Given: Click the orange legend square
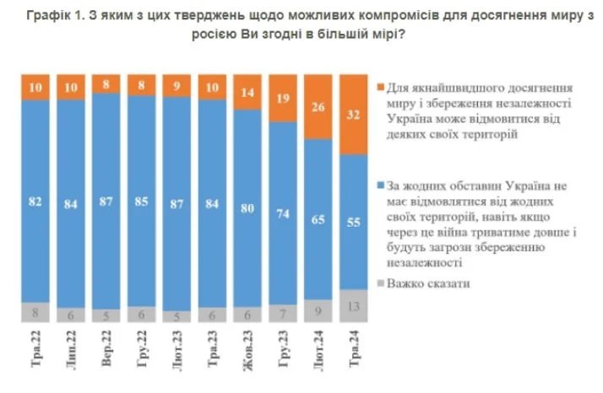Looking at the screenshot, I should pos(379,87).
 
